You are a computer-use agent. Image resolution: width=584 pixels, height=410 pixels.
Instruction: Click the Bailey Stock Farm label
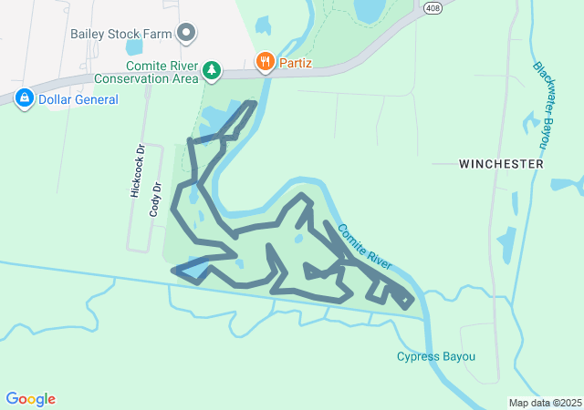pyautogui.click(x=121, y=35)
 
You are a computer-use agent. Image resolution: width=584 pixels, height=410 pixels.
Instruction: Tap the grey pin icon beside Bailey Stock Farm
pyautogui.click(x=188, y=34)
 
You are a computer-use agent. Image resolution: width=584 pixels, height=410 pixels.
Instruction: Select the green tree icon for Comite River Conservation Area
pyautogui.click(x=212, y=69)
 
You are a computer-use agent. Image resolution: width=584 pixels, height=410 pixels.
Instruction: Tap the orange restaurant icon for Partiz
pyautogui.click(x=265, y=61)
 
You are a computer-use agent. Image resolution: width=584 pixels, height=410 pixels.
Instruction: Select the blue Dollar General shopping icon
pyautogui.click(x=24, y=97)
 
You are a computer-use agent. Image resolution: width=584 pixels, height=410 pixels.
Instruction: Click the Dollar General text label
pyautogui.click(x=78, y=98)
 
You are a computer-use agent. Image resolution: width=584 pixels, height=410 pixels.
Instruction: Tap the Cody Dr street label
pyautogui.click(x=155, y=200)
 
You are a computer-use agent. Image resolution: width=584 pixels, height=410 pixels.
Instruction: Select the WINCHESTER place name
pyautogui.click(x=501, y=164)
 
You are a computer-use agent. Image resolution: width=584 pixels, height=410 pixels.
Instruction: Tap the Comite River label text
pyautogui.click(x=364, y=247)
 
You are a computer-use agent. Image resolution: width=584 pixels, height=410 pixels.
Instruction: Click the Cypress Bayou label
pyautogui.click(x=436, y=356)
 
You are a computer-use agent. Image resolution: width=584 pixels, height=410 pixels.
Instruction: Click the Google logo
pyautogui.click(x=30, y=399)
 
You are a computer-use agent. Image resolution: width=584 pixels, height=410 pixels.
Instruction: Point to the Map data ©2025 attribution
pyautogui.click(x=545, y=403)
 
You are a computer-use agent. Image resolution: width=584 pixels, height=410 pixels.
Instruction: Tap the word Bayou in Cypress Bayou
pyautogui.click(x=459, y=356)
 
